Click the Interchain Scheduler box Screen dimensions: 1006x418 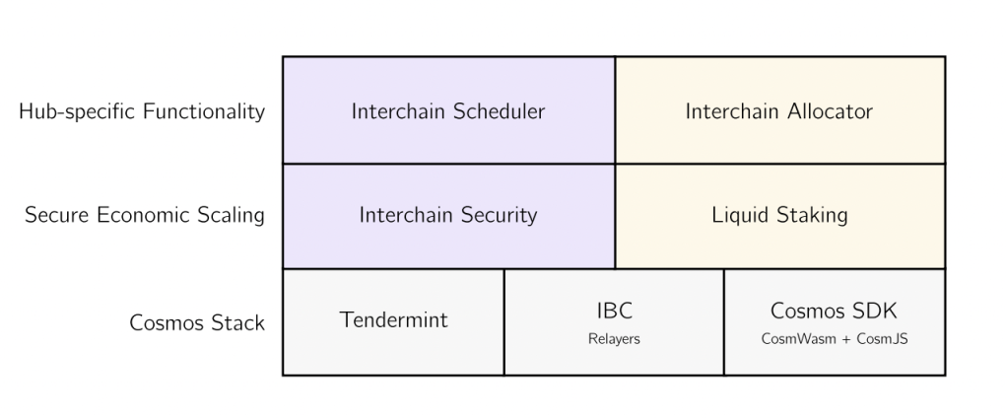(x=448, y=109)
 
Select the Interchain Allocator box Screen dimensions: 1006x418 (x=780, y=109)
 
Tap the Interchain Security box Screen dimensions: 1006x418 (x=448, y=216)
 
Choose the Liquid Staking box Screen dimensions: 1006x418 (x=780, y=216)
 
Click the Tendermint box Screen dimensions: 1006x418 (x=393, y=322)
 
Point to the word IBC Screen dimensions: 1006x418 (x=615, y=311)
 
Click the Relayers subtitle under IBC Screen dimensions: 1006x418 (x=614, y=339)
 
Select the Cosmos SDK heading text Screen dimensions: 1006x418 (x=834, y=311)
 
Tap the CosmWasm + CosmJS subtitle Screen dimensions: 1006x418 (x=835, y=339)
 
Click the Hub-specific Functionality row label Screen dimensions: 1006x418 (x=142, y=111)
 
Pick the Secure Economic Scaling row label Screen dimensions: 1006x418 (x=145, y=215)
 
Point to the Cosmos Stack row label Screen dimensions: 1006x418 (x=197, y=322)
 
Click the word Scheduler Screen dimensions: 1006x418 (x=499, y=111)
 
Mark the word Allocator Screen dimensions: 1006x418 (x=827, y=111)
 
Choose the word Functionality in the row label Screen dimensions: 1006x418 (x=204, y=111)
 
